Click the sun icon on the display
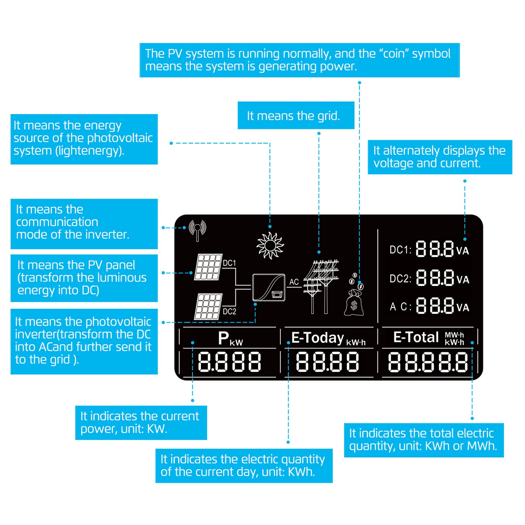pyautogui.click(x=270, y=246)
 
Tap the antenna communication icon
pyautogui.click(x=197, y=230)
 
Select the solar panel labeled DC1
pyautogui.click(x=208, y=267)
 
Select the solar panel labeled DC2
pyautogui.click(x=208, y=306)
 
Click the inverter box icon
pyautogui.click(x=269, y=287)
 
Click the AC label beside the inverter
pyautogui.click(x=294, y=282)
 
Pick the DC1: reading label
pyautogui.click(x=400, y=250)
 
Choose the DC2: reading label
pyautogui.click(x=400, y=279)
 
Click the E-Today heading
pyautogui.click(x=318, y=338)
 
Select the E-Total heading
pyautogui.click(x=416, y=337)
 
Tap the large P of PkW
pyautogui.click(x=223, y=338)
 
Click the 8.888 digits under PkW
pyautogui.click(x=229, y=362)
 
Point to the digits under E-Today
pyautogui.click(x=327, y=362)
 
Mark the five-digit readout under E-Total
pyautogui.click(x=428, y=362)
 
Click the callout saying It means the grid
pyautogui.click(x=294, y=116)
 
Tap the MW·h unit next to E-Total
pyautogui.click(x=454, y=335)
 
